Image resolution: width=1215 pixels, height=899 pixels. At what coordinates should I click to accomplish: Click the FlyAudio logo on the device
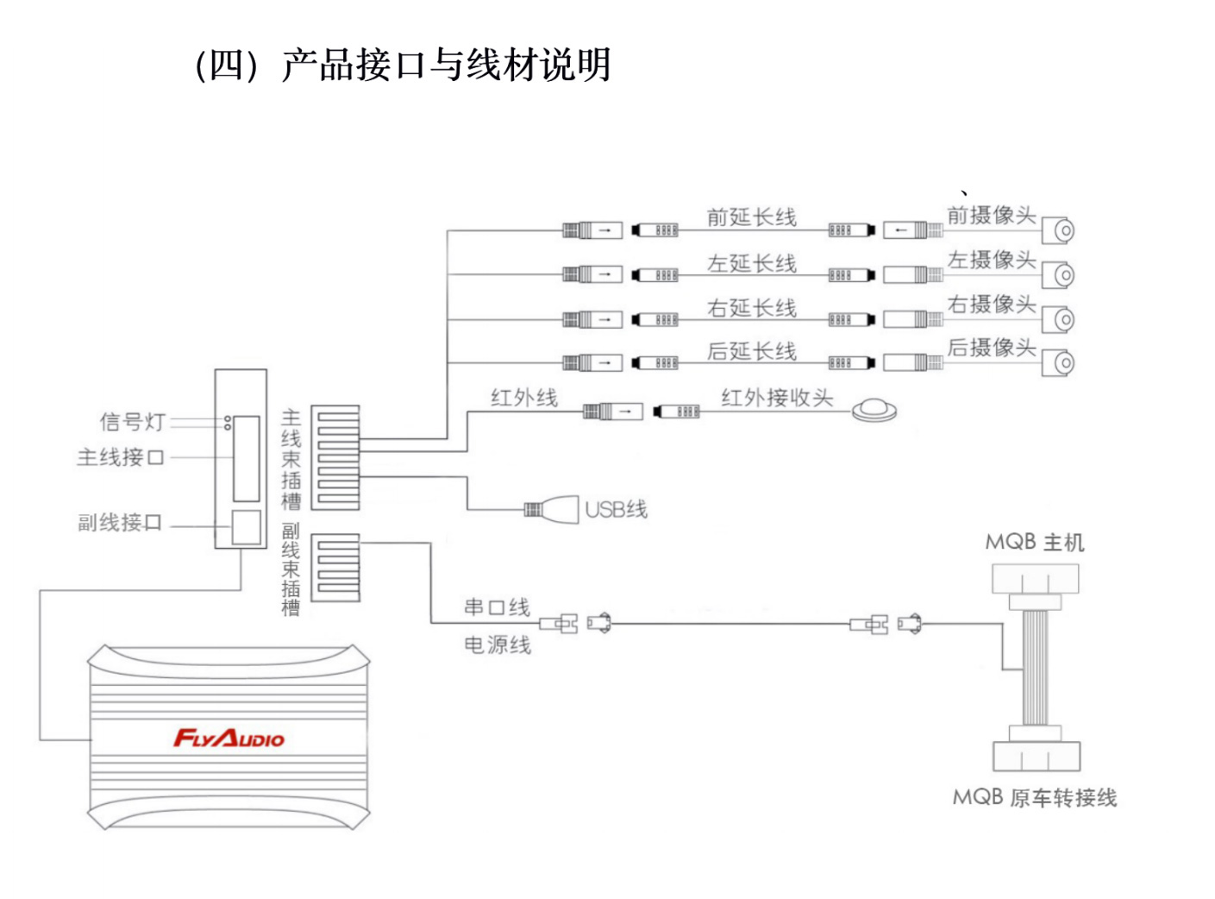229,739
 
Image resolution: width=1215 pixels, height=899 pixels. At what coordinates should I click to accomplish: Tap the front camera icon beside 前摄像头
1061,231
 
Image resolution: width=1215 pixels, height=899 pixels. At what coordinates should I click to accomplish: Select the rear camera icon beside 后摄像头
1061,363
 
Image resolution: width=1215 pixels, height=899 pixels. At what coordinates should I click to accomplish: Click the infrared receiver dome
874,411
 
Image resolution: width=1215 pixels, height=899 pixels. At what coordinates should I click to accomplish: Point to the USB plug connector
552,509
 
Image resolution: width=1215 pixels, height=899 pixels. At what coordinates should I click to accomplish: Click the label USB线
616,510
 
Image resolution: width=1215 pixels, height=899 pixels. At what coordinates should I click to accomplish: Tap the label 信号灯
132,422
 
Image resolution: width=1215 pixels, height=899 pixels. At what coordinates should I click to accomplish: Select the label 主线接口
121,457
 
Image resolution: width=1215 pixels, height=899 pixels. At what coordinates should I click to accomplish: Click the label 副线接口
120,523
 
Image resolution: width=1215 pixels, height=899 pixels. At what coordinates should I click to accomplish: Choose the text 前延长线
751,217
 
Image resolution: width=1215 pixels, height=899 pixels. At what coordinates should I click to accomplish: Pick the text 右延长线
751,308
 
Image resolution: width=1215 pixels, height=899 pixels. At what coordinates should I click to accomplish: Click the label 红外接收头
776,398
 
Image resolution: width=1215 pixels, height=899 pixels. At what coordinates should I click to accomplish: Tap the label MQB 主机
1034,543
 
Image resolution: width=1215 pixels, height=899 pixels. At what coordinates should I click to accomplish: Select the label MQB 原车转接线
1034,798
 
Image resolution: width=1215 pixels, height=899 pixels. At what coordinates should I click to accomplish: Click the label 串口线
497,607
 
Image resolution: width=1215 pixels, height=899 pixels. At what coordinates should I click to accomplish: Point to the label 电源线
497,644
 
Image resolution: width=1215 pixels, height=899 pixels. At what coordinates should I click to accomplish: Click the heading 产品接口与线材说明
446,66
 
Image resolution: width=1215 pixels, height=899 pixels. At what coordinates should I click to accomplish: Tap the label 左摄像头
991,260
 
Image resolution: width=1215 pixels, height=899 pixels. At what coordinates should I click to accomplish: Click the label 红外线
523,398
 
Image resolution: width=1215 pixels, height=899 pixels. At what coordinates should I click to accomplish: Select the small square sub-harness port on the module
246,527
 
